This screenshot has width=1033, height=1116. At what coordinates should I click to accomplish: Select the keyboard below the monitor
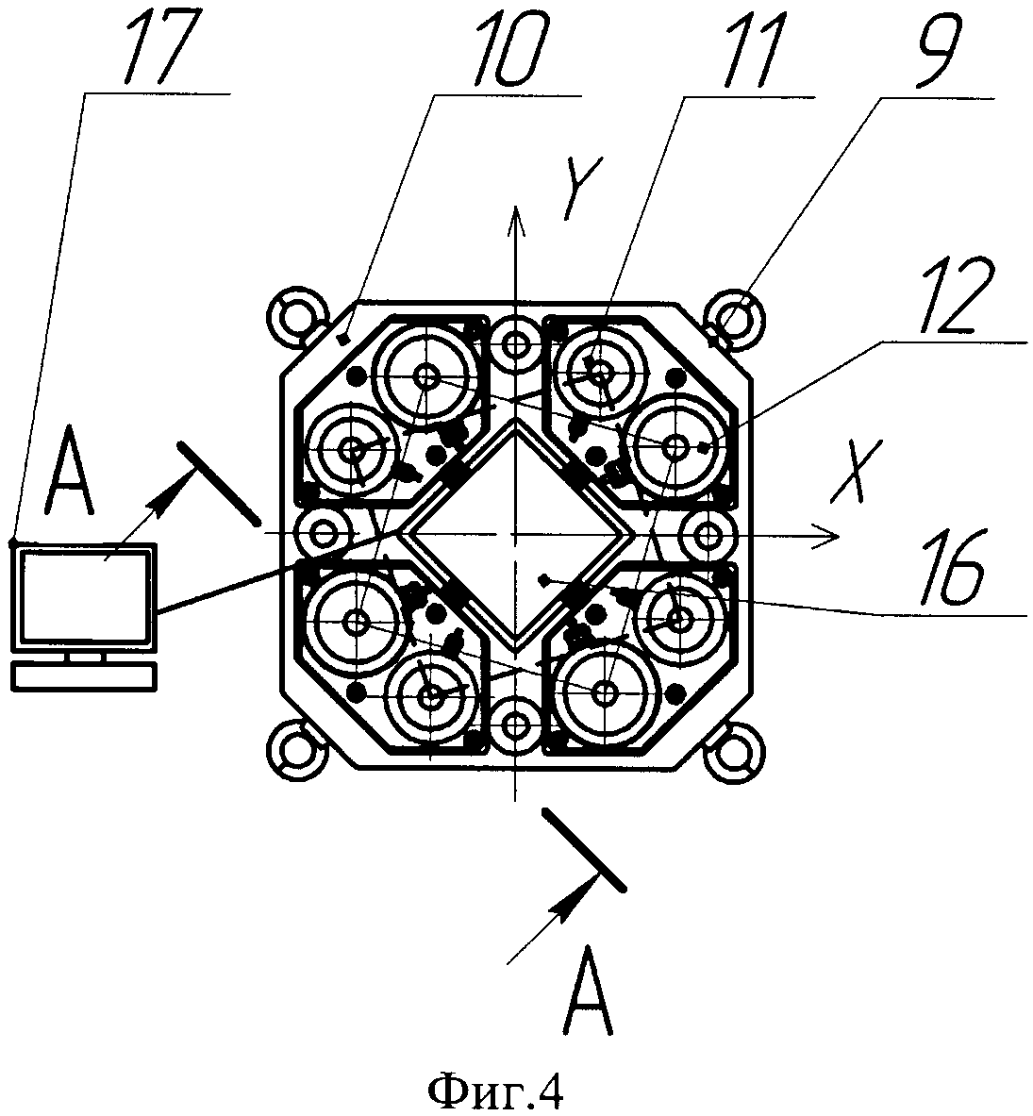(x=83, y=675)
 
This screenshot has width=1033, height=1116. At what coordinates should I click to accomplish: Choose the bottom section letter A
(x=589, y=992)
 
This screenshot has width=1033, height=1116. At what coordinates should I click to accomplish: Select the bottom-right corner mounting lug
(x=737, y=749)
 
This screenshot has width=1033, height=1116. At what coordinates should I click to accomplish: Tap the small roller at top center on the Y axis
(x=515, y=345)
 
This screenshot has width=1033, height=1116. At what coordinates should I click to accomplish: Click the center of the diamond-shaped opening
(x=515, y=536)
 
